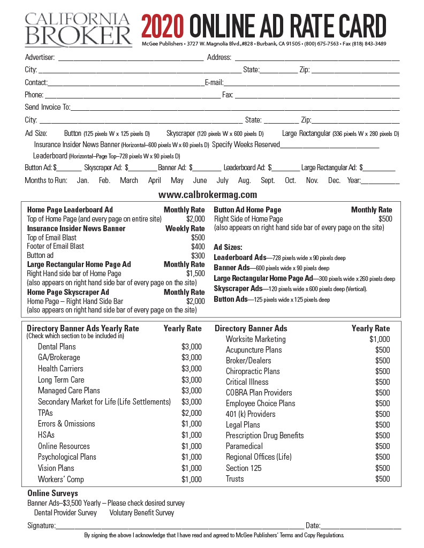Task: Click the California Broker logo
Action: tap(78, 29)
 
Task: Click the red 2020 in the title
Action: tap(163, 26)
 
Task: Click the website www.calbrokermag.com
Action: tap(208, 195)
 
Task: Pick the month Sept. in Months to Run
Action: tap(268, 181)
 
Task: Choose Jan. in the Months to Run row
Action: tap(83, 181)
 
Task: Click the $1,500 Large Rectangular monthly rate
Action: tap(195, 273)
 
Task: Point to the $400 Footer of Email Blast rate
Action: tap(198, 246)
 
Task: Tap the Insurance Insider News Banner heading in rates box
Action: tap(76, 229)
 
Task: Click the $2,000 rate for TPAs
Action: tap(191, 413)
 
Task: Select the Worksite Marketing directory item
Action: tap(255, 339)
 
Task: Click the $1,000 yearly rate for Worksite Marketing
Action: tap(379, 339)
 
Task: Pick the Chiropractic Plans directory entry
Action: tap(253, 371)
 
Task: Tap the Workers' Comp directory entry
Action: tap(60, 479)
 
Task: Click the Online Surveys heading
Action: tap(52, 493)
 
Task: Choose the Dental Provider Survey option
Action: tap(65, 513)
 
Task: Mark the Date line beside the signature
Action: tap(361, 527)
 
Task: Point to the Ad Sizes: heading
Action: tap(228, 247)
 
